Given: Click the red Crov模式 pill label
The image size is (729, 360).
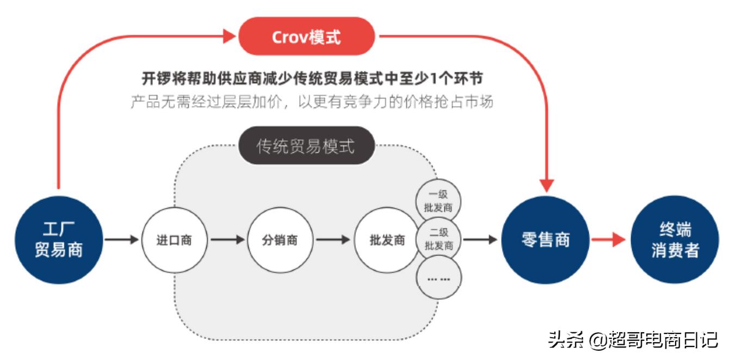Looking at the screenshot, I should [x=307, y=37].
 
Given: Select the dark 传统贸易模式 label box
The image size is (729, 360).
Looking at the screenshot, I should [x=307, y=146].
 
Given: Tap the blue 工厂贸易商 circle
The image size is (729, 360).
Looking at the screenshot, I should [x=57, y=239].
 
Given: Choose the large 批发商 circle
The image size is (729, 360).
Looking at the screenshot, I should [x=387, y=240].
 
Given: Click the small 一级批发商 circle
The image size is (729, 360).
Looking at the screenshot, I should [x=438, y=200].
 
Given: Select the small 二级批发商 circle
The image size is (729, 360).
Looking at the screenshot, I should [x=438, y=239].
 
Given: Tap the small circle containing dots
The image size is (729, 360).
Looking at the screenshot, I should [x=438, y=278].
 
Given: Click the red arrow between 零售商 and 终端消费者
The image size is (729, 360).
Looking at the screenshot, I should [x=609, y=239].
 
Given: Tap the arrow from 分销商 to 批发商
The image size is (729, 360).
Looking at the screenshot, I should [x=333, y=239].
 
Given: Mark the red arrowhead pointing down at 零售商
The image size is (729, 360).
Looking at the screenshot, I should [x=546, y=185].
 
